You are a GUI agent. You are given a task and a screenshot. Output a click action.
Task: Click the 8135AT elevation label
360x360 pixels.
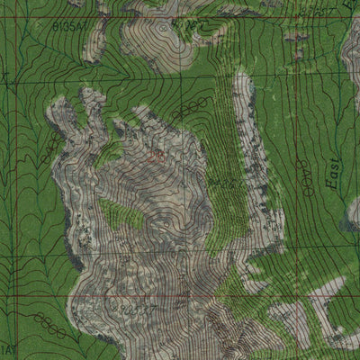tap(73, 28)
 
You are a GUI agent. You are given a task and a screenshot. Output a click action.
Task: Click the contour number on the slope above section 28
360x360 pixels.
tap(191, 109)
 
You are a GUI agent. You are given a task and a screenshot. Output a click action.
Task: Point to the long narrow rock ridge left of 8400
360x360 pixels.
tap(245, 144)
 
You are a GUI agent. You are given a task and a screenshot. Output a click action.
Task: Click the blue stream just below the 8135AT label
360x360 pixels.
tap(72, 40)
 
